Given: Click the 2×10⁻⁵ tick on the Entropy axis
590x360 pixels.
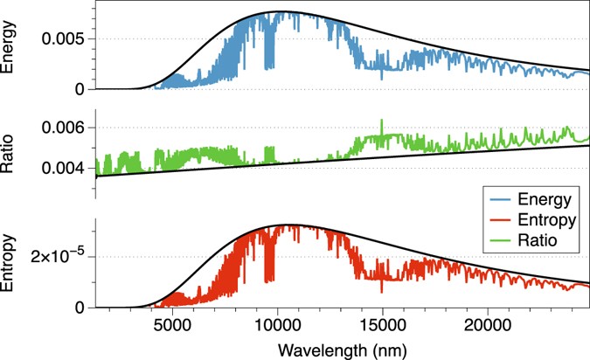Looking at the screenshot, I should point(59,257).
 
